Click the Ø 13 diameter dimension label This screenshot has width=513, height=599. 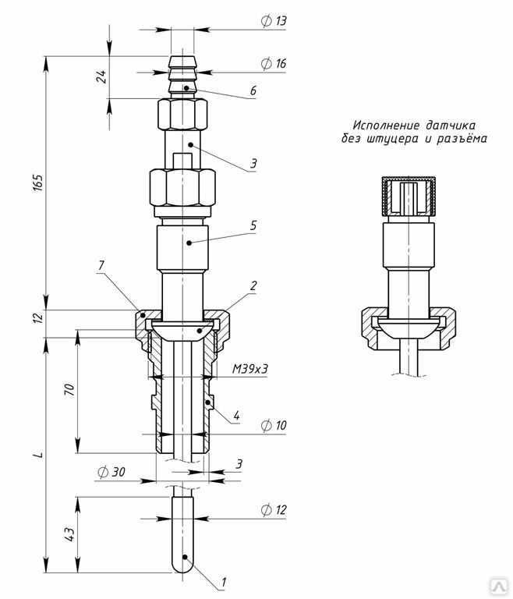coord(274,20)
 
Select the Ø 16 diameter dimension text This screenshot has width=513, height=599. coord(274,63)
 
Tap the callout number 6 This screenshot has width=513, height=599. coord(253,90)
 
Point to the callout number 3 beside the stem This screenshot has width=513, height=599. coord(253,164)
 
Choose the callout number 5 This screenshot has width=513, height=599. coord(253,225)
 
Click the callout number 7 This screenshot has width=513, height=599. coord(101,265)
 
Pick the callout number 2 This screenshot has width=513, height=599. coord(253,285)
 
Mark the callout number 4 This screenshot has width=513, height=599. coord(236,415)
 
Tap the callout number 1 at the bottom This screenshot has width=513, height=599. coord(224,582)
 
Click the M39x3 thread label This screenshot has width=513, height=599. coord(250,369)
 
